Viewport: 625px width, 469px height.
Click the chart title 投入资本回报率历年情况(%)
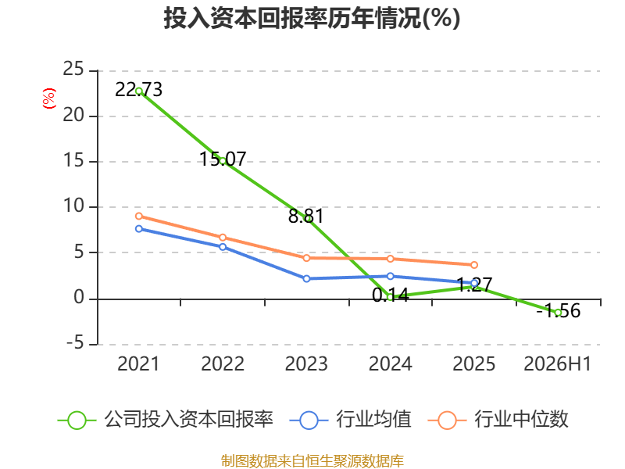point(312,18)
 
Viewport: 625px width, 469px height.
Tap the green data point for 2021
point(139,91)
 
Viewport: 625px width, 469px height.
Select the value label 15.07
point(223,159)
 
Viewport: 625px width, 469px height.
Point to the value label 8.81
point(305,217)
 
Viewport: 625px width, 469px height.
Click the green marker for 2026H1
point(558,313)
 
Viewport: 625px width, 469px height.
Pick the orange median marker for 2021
point(139,217)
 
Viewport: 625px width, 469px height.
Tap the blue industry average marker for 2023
point(306,279)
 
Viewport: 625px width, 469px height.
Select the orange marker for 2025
point(474,265)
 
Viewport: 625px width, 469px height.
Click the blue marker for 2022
point(223,247)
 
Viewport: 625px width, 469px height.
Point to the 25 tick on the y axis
point(73,69)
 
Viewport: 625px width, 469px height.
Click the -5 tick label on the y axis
point(75,343)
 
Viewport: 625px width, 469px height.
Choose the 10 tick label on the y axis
point(73,206)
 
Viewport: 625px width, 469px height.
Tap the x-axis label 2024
point(390,363)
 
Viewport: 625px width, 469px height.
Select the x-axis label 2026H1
point(557,363)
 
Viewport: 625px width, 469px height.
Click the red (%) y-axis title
point(49,98)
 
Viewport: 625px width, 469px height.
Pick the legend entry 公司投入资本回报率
point(166,420)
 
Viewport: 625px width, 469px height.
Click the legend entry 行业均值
point(350,420)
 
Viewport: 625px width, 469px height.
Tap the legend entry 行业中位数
point(498,420)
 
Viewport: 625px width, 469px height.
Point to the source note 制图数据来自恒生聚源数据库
point(312,461)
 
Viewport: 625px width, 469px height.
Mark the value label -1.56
point(558,310)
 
